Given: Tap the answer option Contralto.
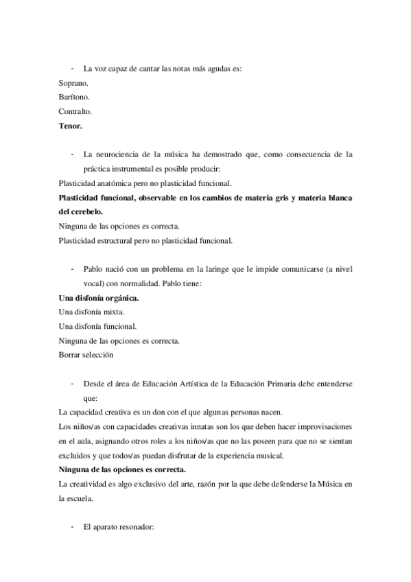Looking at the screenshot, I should point(76,111).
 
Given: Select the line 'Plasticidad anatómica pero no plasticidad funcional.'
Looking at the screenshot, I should point(145,183).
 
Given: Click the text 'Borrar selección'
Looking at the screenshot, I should point(86,355).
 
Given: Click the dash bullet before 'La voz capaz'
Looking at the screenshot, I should point(72,69).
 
